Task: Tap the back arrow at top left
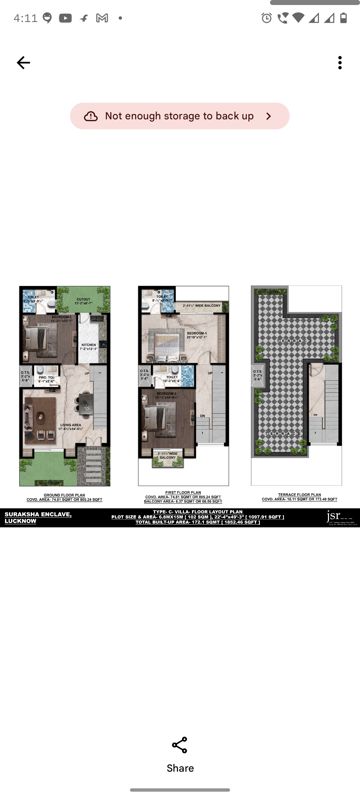coord(23,62)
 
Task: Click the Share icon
coord(180,745)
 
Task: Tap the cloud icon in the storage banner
coord(91,116)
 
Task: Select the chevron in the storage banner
coord(268,116)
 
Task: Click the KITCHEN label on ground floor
coord(88,345)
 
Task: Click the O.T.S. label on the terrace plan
coord(257,374)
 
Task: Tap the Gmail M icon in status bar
coord(102,18)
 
